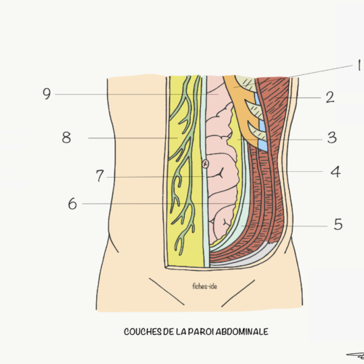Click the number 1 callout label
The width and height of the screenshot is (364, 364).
(360, 66)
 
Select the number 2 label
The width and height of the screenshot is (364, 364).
(330, 98)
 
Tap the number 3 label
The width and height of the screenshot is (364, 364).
(332, 138)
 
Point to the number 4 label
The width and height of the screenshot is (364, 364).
(336, 172)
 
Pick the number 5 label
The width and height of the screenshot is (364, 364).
(338, 224)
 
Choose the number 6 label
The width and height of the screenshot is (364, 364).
(72, 204)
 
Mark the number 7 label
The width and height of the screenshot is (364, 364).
(100, 175)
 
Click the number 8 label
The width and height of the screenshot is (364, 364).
(66, 138)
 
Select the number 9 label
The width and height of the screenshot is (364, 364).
(47, 94)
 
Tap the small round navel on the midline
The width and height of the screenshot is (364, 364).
(205, 164)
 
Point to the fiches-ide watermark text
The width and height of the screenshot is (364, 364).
(205, 286)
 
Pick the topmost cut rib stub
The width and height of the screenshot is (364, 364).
(246, 83)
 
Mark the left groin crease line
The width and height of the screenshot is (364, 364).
(167, 291)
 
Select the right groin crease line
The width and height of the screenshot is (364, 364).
(238, 293)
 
